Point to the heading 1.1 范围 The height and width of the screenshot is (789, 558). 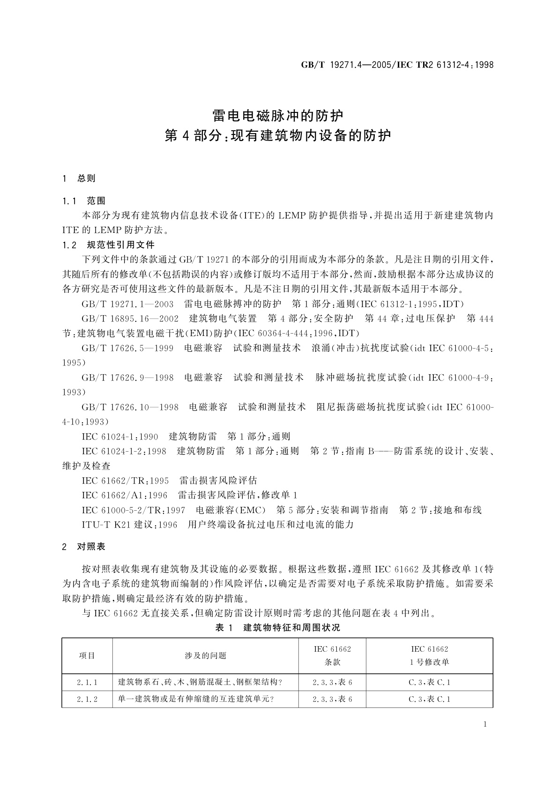(x=84, y=201)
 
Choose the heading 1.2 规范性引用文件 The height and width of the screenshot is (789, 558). (x=108, y=245)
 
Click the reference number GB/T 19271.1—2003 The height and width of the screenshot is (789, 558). (x=127, y=304)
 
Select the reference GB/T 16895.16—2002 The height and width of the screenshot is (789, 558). (x=130, y=319)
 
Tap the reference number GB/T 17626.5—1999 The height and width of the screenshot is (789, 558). (x=127, y=348)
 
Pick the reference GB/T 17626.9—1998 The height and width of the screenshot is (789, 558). (x=127, y=378)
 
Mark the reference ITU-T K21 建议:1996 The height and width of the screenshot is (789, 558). (x=129, y=525)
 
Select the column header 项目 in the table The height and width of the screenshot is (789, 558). (x=87, y=655)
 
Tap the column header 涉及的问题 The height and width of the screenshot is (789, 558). (x=205, y=655)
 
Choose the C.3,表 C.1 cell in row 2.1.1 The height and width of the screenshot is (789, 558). (x=429, y=683)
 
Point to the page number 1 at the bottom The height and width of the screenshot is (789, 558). (x=485, y=724)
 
